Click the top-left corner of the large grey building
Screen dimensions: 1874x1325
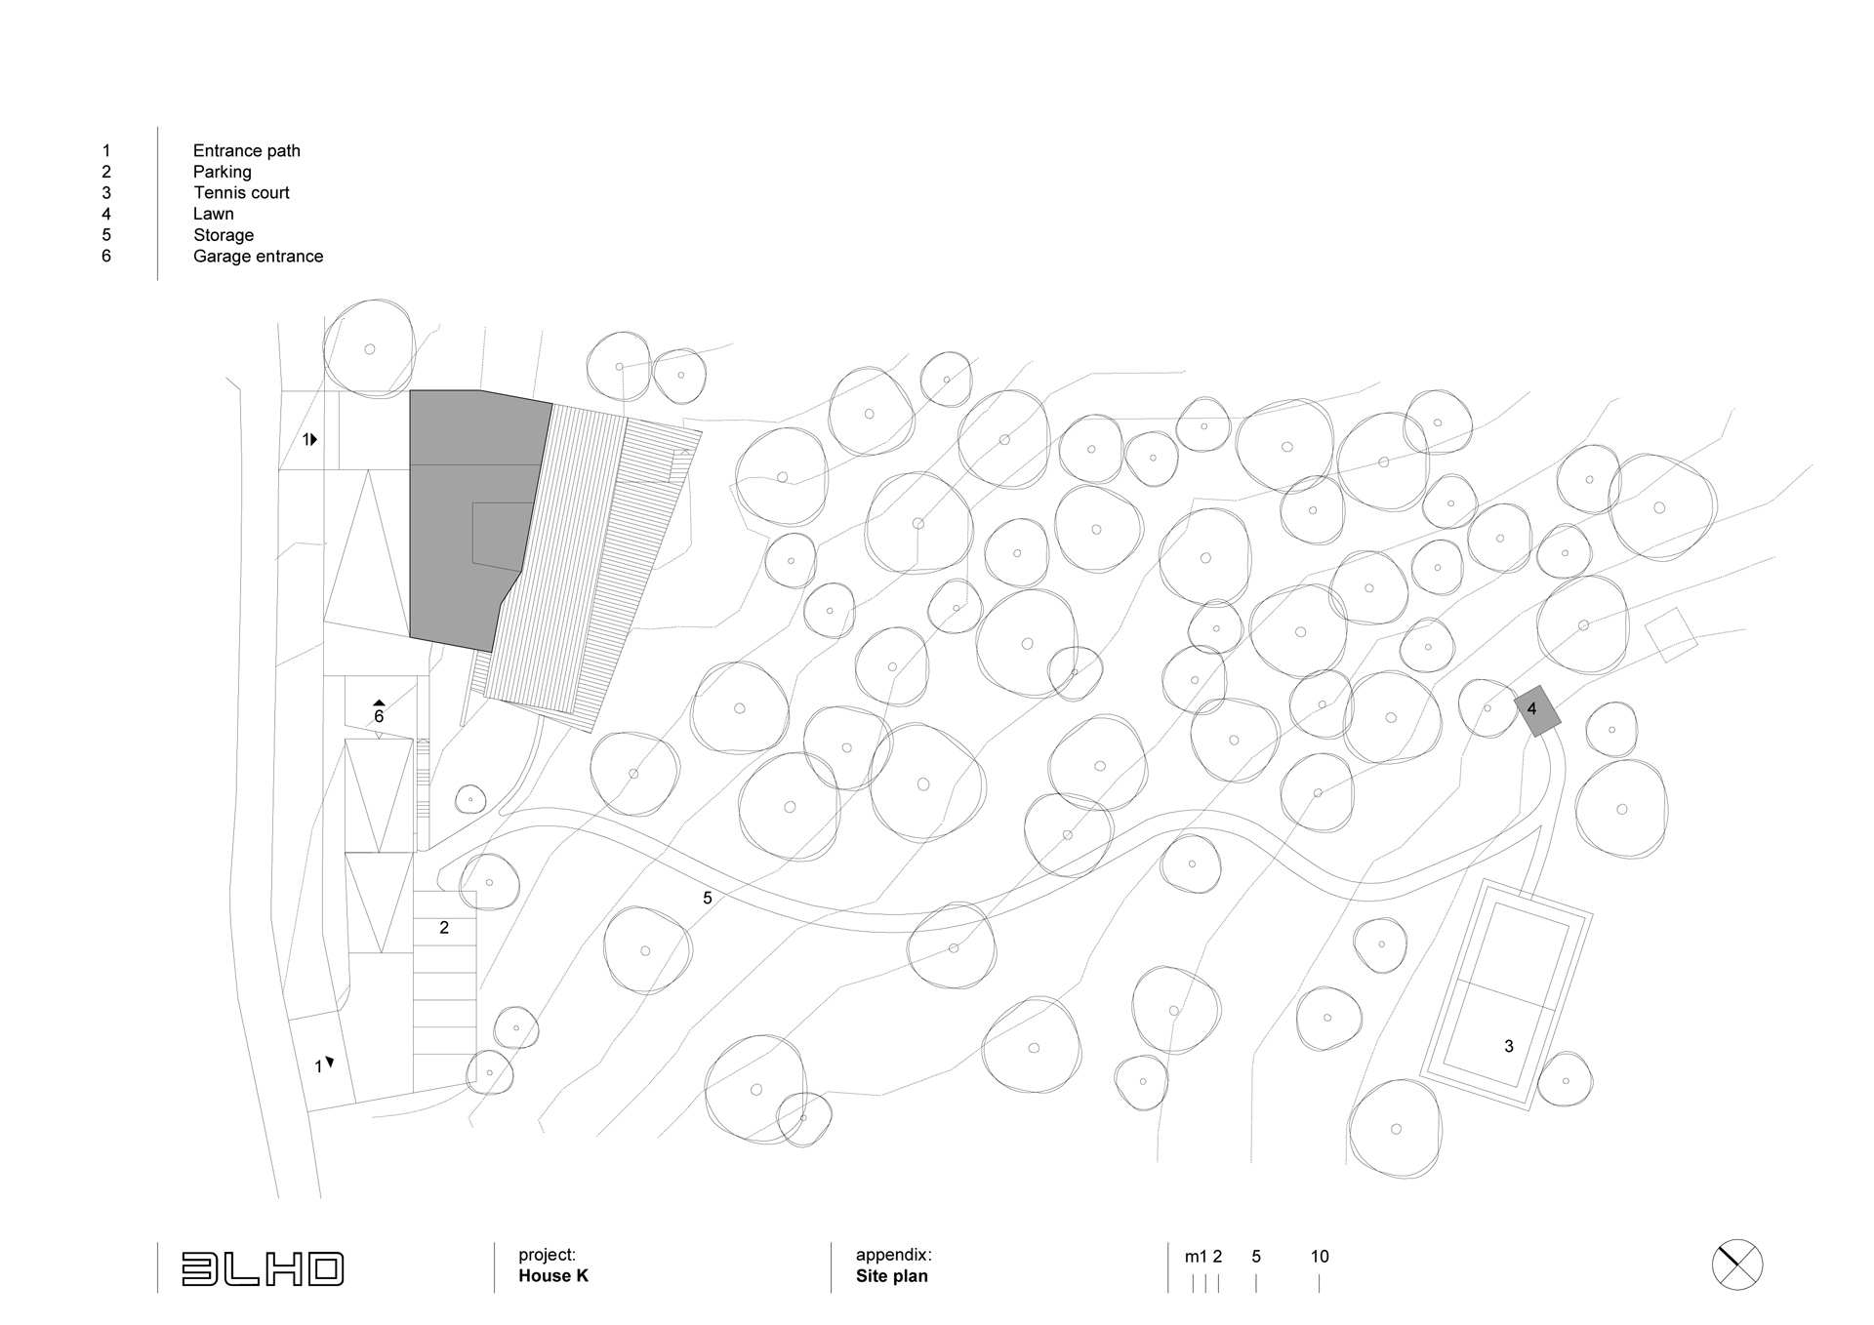[x=410, y=390]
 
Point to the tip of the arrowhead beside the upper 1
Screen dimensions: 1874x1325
[x=318, y=440]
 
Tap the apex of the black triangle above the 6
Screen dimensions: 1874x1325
[x=379, y=700]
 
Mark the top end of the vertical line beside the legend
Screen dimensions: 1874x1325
[x=157, y=127]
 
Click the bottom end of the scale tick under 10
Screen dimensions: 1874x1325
[x=1319, y=1293]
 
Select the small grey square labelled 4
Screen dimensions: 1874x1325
[x=1537, y=711]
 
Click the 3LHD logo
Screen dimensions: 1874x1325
[x=263, y=1268]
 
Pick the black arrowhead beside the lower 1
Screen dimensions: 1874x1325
[x=330, y=1062]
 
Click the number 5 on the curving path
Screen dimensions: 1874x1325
[x=708, y=898]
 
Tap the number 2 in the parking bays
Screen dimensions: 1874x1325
[x=444, y=928]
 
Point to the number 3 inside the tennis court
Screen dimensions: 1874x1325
[x=1509, y=1046]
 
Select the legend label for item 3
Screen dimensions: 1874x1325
[x=241, y=193]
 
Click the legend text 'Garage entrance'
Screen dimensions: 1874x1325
[x=258, y=257]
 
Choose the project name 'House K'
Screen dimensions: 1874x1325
[x=553, y=1276]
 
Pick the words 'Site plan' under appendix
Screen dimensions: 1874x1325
[x=892, y=1276]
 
